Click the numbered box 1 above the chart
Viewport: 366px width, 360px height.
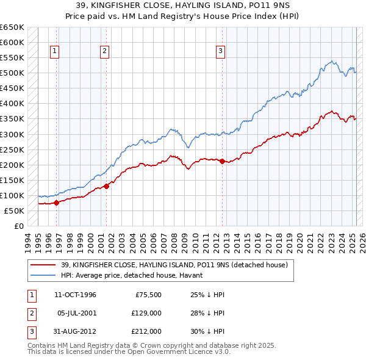(x=55, y=51)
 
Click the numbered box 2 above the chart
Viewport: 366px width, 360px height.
(x=104, y=51)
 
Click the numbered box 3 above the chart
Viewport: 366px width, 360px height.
(x=220, y=51)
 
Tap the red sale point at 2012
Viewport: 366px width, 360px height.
(x=222, y=161)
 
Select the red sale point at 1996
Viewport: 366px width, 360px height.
(x=56, y=203)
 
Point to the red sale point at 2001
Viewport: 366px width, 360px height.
(x=106, y=186)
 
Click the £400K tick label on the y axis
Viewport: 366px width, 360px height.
(x=12, y=104)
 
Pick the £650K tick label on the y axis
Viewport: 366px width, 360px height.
(x=12, y=27)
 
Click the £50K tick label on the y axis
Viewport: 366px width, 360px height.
(x=14, y=211)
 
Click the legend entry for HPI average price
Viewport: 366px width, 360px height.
(x=134, y=276)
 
